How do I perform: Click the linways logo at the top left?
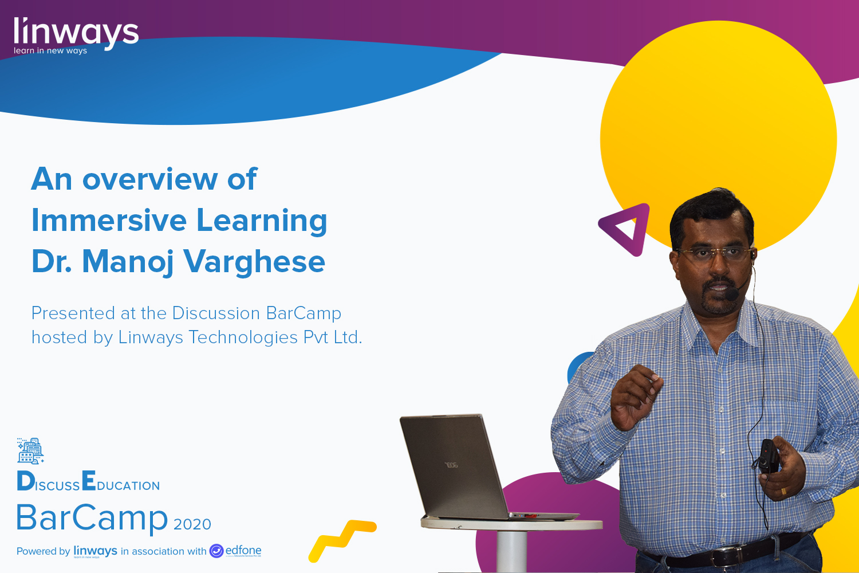point(76,34)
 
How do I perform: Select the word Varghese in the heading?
point(254,262)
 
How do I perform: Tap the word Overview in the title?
point(150,179)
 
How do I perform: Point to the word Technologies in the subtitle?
point(243,337)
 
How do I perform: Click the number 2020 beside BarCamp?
point(192,524)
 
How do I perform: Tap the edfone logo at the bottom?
point(236,551)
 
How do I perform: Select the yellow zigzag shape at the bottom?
point(342,539)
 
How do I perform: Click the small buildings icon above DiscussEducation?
point(30,450)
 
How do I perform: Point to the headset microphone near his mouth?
point(732,295)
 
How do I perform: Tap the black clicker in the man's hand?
point(769,456)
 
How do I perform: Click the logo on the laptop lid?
point(452,465)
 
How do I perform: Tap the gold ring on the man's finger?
point(784,491)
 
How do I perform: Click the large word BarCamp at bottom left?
point(92,518)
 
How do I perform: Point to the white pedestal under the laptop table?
point(511,550)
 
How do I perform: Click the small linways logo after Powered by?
point(95,551)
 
